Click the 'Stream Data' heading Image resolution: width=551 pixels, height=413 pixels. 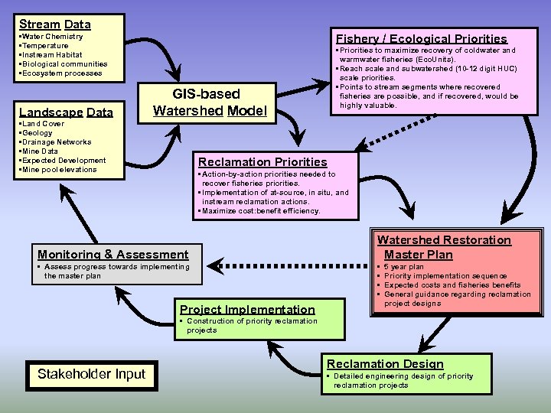click(x=55, y=24)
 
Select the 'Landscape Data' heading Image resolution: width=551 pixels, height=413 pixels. click(x=66, y=112)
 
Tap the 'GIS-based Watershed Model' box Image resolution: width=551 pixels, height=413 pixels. click(x=210, y=102)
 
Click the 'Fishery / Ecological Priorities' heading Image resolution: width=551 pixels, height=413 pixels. click(x=421, y=38)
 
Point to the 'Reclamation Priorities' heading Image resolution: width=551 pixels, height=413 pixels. click(x=262, y=162)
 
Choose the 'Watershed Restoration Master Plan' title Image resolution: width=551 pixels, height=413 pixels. click(x=444, y=247)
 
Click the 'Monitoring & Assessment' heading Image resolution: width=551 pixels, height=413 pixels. click(x=112, y=254)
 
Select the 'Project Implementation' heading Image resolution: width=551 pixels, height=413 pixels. click(x=247, y=310)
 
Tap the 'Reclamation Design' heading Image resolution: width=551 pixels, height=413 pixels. click(x=385, y=364)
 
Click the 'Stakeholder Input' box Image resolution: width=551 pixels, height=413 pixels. click(x=92, y=374)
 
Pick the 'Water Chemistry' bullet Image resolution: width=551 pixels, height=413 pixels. click(x=52, y=37)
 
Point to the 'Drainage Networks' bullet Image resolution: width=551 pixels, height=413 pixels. click(x=56, y=142)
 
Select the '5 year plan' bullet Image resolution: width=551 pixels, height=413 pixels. click(x=403, y=267)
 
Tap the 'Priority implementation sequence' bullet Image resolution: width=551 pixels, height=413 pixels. click(x=445, y=276)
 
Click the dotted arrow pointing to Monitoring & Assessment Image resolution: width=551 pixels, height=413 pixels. click(x=291, y=265)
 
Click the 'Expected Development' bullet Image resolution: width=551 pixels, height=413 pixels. click(x=64, y=161)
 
